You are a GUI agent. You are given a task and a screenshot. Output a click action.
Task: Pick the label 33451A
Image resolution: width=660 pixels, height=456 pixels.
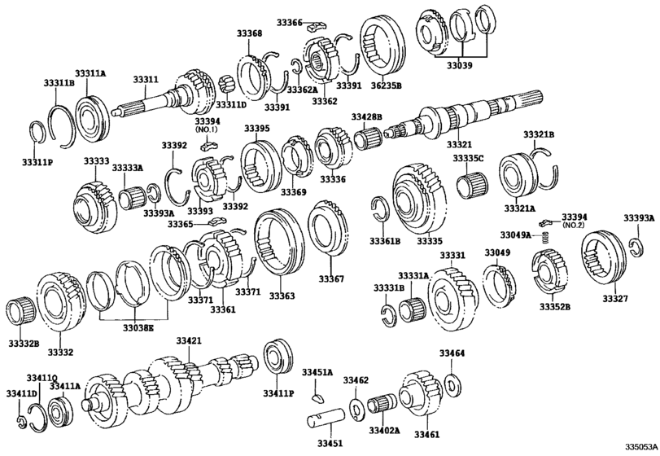pyautogui.click(x=317, y=372)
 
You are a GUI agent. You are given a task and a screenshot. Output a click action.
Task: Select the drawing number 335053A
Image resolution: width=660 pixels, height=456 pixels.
pyautogui.click(x=639, y=446)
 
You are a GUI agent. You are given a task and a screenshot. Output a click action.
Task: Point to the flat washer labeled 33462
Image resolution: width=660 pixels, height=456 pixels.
pyautogui.click(x=356, y=405)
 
